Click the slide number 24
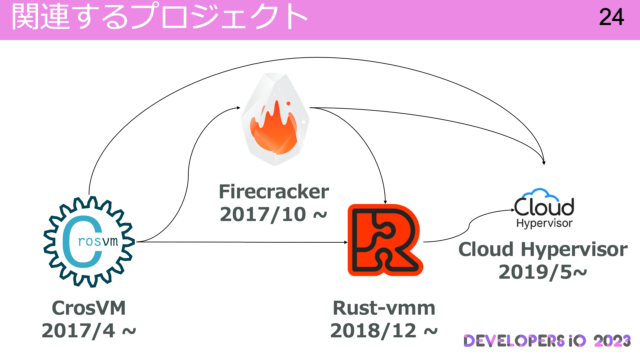click(x=611, y=18)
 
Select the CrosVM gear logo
click(x=88, y=240)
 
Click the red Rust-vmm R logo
click(x=383, y=240)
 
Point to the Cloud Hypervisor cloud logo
click(x=544, y=208)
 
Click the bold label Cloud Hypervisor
click(x=542, y=251)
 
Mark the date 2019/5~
click(x=542, y=273)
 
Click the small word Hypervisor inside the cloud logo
click(x=544, y=224)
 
